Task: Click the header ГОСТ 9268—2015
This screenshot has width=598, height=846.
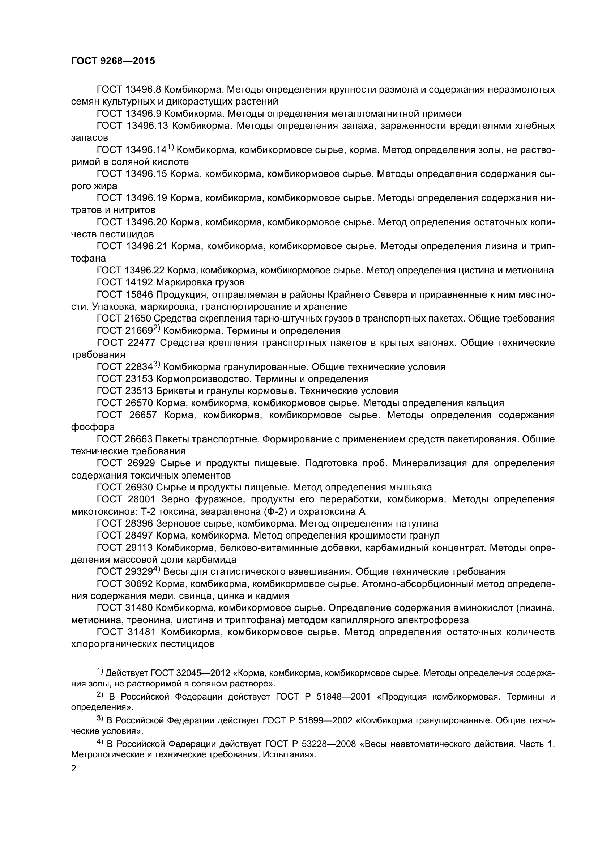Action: coord(113,61)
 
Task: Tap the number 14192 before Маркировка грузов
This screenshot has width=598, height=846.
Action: coord(139,282)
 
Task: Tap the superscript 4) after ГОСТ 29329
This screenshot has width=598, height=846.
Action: coord(157,569)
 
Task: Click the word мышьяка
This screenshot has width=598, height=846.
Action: coord(410,488)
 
